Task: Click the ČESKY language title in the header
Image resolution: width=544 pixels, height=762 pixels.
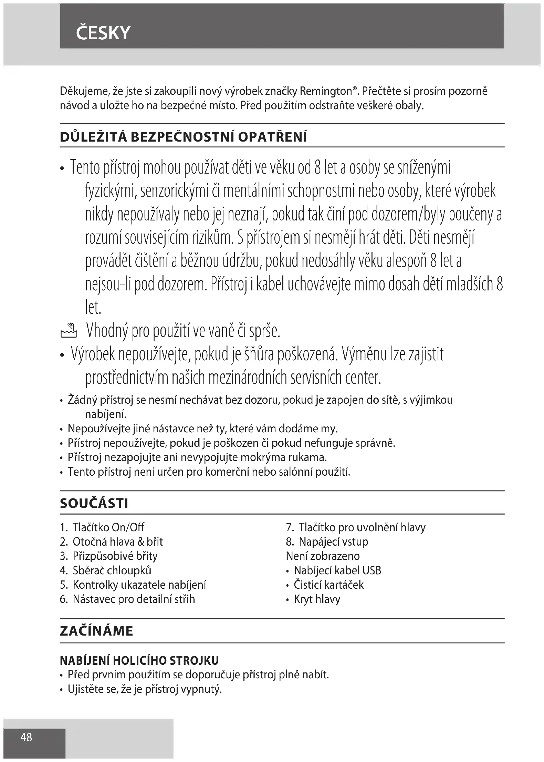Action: pyautogui.click(x=103, y=33)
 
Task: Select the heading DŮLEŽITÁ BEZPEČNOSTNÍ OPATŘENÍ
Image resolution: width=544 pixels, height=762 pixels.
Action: pyautogui.click(x=183, y=137)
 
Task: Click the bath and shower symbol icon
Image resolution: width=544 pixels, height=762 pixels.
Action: pyautogui.click(x=69, y=330)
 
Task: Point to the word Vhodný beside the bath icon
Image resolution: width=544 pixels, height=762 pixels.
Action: pyautogui.click(x=107, y=331)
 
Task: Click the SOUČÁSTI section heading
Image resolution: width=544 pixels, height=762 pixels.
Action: pyautogui.click(x=94, y=504)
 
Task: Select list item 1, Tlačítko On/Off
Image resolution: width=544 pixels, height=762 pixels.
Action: pyautogui.click(x=108, y=527)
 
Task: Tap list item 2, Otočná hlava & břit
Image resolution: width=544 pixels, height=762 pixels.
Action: pyautogui.click(x=117, y=542)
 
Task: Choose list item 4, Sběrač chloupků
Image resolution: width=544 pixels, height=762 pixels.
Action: pyautogui.click(x=112, y=570)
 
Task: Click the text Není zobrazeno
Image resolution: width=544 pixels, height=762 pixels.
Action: pyautogui.click(x=323, y=556)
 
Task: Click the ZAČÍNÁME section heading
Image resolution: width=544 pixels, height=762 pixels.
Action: pyautogui.click(x=96, y=631)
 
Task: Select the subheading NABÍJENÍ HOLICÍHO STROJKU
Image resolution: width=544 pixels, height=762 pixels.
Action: pyautogui.click(x=139, y=660)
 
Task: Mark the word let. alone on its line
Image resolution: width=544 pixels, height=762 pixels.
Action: pyautogui.click(x=93, y=308)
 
